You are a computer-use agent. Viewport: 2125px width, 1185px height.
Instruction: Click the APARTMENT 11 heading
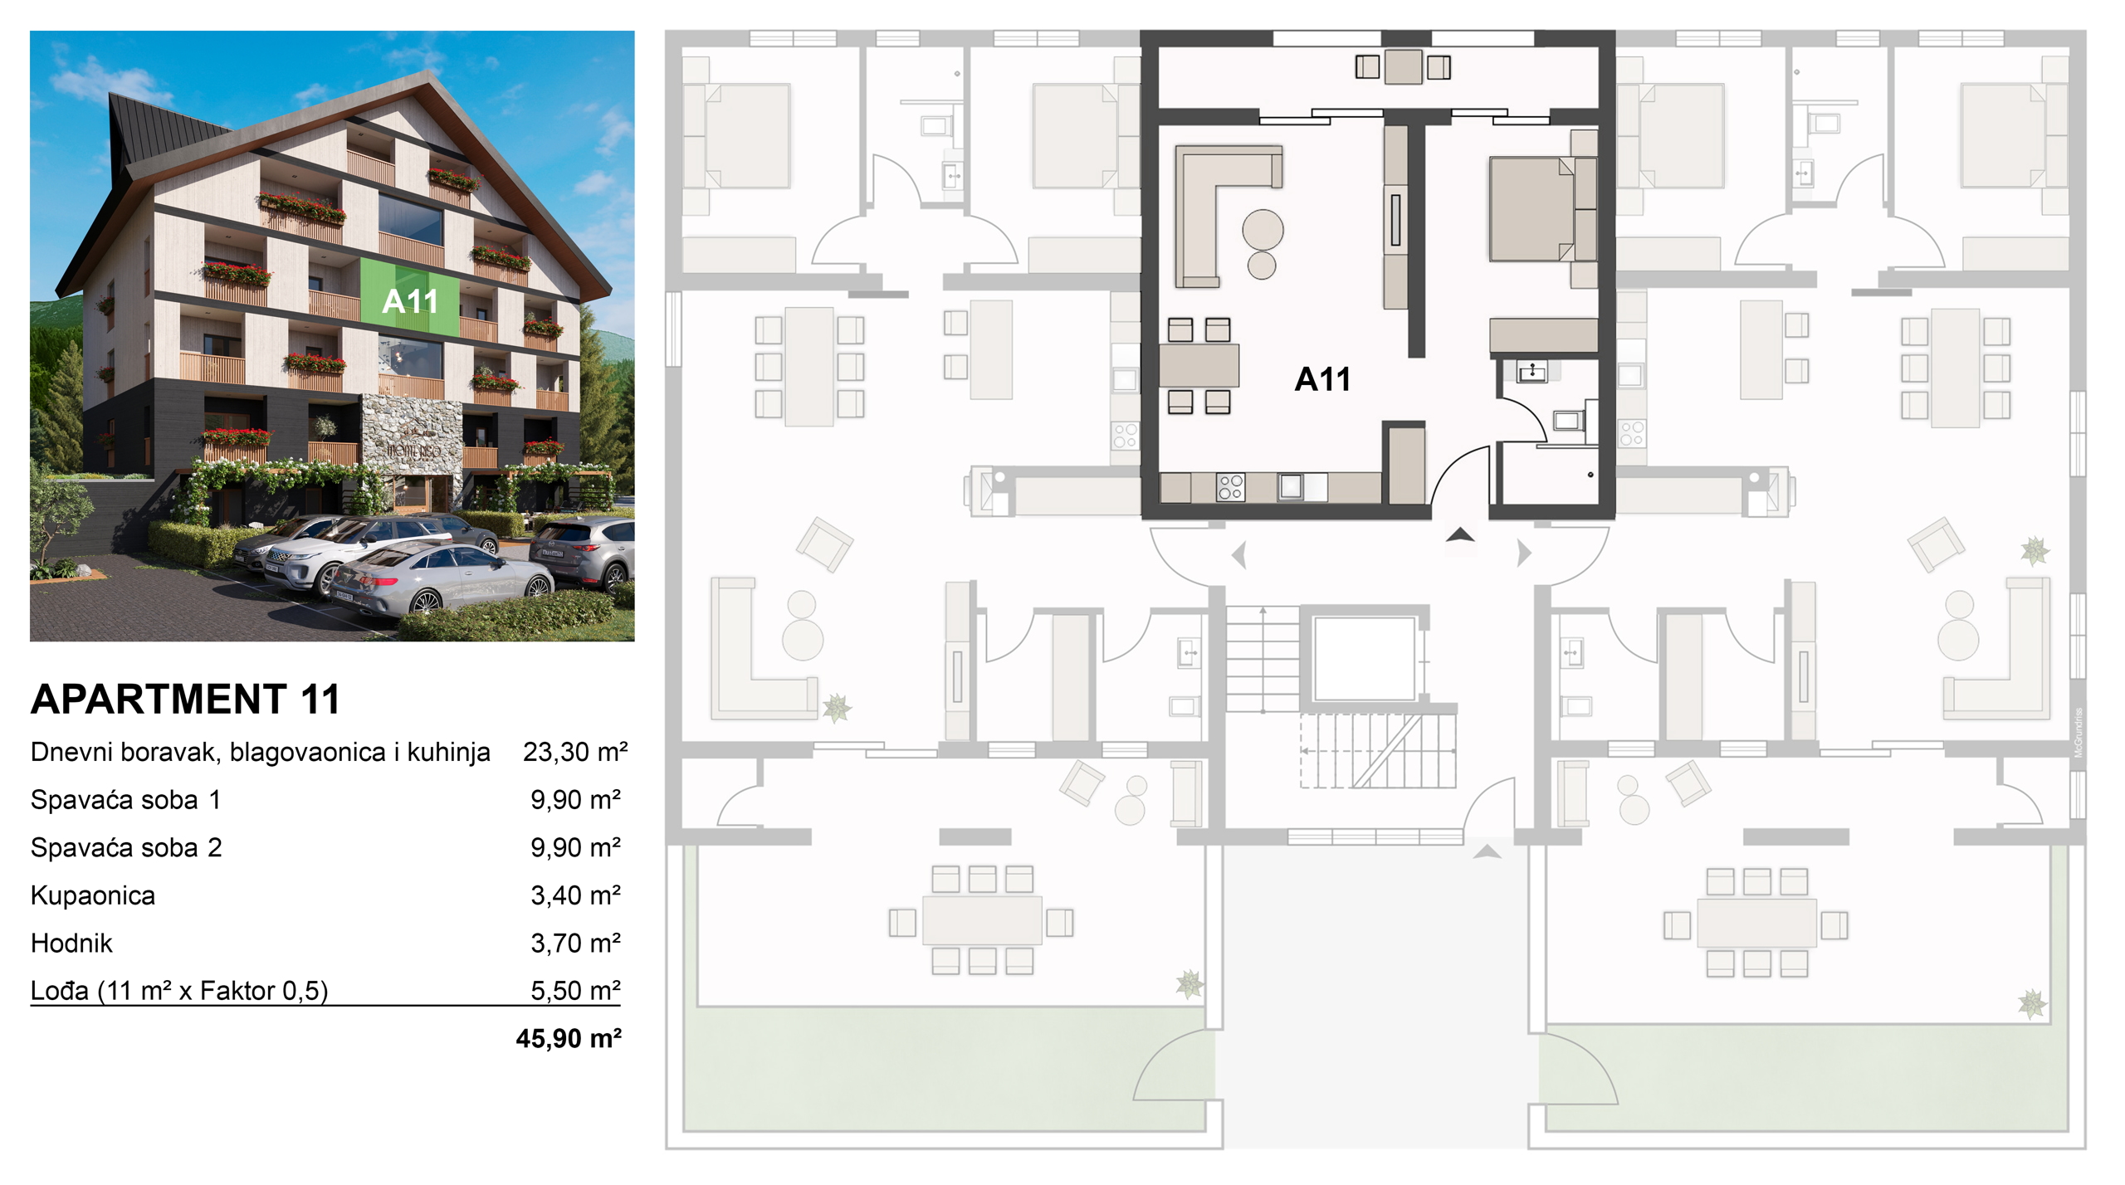tap(185, 699)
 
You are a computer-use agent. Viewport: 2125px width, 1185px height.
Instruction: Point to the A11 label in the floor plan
tap(1322, 379)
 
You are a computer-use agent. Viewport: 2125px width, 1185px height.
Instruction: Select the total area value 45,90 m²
tap(569, 1038)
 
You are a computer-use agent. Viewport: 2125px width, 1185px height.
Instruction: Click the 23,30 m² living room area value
tap(575, 752)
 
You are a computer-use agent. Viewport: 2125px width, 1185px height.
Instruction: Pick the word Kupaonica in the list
tap(93, 895)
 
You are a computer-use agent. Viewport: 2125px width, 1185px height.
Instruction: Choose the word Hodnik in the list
tap(71, 943)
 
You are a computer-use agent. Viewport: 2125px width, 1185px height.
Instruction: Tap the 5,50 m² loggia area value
tap(576, 990)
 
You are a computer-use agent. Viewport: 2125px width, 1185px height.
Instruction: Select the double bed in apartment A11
tap(1532, 209)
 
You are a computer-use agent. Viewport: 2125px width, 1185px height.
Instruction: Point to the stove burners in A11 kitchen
tap(1230, 487)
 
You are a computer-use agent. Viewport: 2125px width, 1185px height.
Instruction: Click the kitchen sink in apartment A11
tap(1291, 486)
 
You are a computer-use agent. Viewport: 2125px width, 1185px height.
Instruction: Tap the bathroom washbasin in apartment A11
tap(1532, 372)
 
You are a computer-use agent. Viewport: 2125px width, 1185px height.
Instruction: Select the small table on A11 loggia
tap(1403, 66)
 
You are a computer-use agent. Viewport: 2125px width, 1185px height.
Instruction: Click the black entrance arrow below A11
tap(1460, 535)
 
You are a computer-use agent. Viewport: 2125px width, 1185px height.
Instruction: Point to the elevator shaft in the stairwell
tap(1364, 658)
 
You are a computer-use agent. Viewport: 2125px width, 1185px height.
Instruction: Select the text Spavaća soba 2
tap(126, 847)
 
